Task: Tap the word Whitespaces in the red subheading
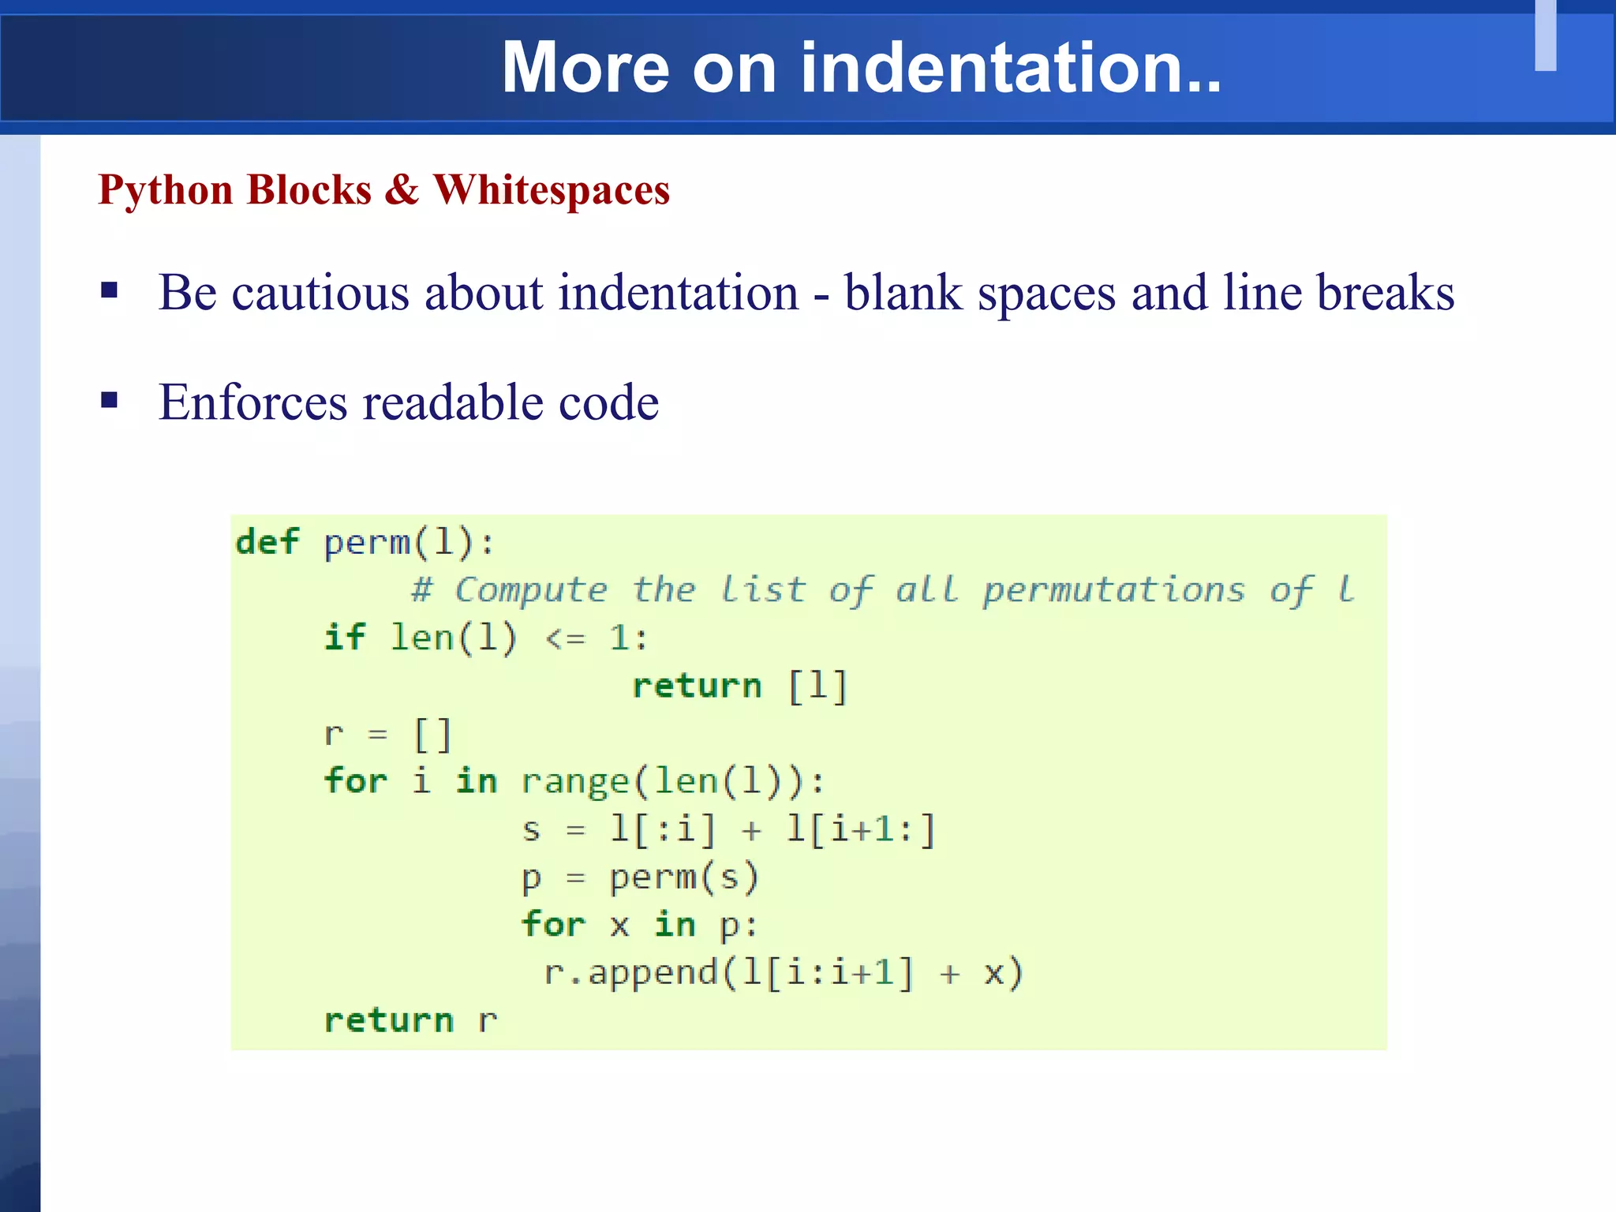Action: (x=552, y=190)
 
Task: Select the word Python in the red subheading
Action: (x=166, y=190)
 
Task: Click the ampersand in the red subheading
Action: (x=402, y=190)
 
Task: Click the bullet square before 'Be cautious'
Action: (x=110, y=291)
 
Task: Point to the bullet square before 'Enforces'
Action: (x=110, y=401)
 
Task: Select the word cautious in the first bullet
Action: (x=320, y=293)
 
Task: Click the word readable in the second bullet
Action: (x=452, y=402)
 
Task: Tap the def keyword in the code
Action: (x=267, y=542)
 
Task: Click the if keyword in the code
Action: (x=345, y=638)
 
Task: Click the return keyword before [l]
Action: (x=697, y=686)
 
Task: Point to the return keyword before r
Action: (x=389, y=1020)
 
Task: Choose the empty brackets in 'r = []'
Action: (x=433, y=735)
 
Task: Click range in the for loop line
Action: (x=575, y=782)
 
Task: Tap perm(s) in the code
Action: (x=683, y=877)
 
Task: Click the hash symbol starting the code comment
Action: (x=421, y=590)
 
